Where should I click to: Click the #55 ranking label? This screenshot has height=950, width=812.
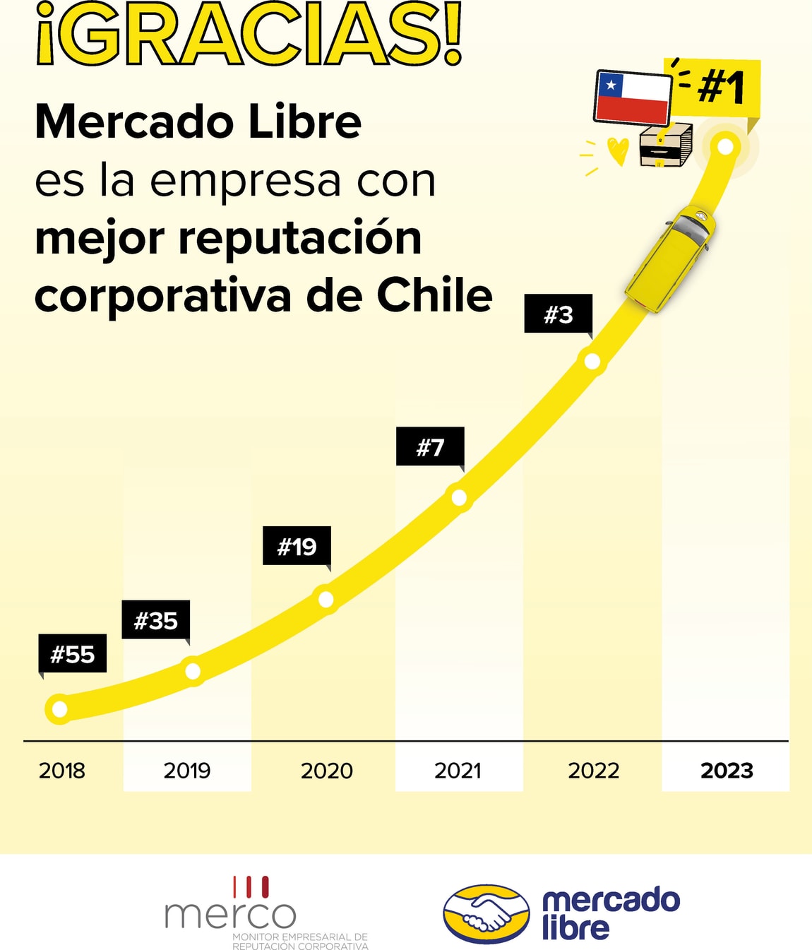point(72,654)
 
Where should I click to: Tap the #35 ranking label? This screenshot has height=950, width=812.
point(156,620)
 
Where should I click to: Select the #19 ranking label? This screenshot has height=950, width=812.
point(297,546)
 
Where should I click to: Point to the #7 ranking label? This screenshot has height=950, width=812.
point(430,446)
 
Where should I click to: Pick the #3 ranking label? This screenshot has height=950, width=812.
point(558,314)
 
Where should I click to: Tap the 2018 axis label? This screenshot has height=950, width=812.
point(62,770)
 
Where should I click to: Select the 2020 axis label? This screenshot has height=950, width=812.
point(326,770)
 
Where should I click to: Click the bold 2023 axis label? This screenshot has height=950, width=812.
point(727,770)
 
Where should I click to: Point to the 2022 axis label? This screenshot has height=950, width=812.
point(593,770)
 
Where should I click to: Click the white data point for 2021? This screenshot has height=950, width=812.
point(459,497)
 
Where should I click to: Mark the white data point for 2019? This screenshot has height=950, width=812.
point(192,670)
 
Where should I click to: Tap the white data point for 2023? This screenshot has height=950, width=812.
point(725,146)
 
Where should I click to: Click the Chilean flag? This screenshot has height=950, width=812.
point(633,97)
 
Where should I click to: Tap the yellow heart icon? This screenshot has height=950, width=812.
point(618,150)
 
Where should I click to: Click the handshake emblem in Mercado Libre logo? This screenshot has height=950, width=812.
point(486,913)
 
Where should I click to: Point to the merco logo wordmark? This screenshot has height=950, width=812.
point(230,914)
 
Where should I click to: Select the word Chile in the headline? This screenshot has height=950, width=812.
point(434,295)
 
